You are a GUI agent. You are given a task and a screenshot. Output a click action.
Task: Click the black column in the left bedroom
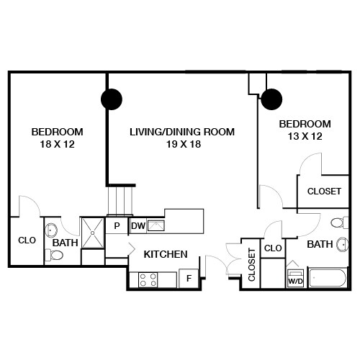point(111,99)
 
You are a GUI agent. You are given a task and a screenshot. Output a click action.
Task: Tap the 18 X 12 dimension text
point(57,144)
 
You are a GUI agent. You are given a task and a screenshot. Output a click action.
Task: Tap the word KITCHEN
point(166,254)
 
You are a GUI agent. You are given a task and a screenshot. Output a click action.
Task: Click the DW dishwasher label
point(138,226)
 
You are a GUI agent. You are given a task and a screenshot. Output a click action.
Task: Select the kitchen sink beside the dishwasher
point(156,226)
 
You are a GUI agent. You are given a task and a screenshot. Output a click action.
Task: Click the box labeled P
point(117,225)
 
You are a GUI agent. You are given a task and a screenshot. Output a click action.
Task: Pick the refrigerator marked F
point(189,278)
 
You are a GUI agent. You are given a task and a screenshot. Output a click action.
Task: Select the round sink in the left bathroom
point(52,231)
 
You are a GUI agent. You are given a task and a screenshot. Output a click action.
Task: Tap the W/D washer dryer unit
point(295,278)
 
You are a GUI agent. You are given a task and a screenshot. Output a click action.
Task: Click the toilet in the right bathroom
point(340,222)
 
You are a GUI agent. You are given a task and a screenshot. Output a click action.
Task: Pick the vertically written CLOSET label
point(251,264)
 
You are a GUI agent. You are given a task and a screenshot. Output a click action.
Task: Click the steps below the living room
point(120,199)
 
